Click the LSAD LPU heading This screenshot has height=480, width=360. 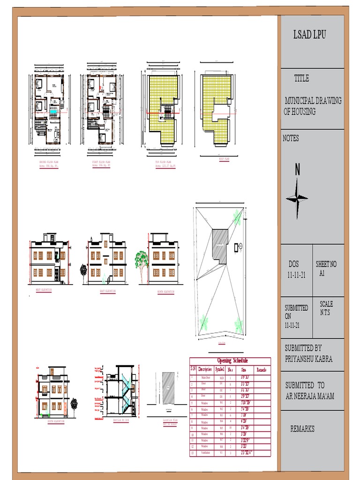[309, 35]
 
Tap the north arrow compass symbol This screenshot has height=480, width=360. [297, 198]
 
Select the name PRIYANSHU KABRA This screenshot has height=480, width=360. [309, 359]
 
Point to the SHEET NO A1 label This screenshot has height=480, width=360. [326, 268]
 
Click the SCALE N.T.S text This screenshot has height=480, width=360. [326, 308]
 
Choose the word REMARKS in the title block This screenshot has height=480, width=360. [302, 429]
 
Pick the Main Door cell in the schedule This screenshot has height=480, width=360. [205, 377]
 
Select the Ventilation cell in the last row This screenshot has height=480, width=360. [205, 453]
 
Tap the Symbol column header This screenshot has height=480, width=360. [220, 369]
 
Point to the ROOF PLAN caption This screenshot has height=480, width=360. [224, 159]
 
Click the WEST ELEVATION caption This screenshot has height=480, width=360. [44, 290]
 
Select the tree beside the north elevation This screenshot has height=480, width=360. [141, 261]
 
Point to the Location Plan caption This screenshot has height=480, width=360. [170, 420]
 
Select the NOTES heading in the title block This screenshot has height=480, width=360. [291, 138]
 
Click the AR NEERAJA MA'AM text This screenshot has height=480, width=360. [310, 397]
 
